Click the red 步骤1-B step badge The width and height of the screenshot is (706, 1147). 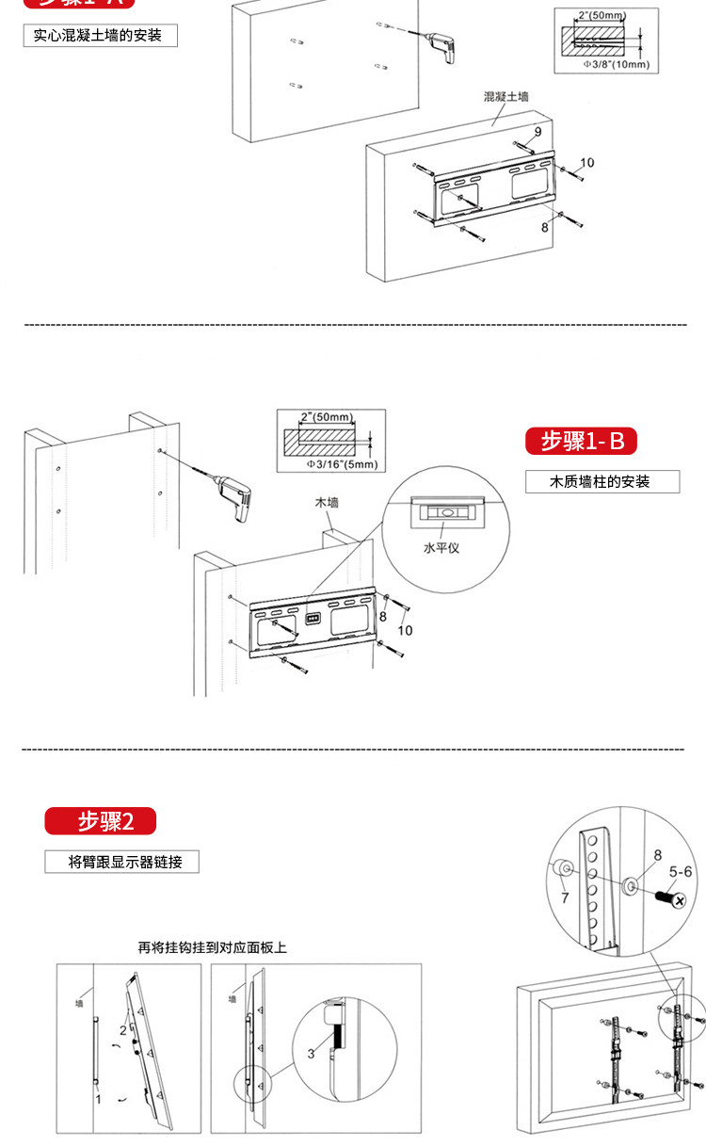[x=581, y=441]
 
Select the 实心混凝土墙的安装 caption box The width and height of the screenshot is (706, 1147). [x=100, y=36]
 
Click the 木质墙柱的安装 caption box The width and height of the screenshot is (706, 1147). [x=602, y=481]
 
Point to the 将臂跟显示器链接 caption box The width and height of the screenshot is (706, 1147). [x=121, y=861]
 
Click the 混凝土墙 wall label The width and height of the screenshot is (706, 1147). [x=506, y=97]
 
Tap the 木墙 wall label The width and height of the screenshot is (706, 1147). [x=327, y=503]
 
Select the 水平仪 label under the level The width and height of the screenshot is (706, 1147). [x=441, y=547]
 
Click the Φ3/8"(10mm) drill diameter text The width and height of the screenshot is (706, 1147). [x=616, y=65]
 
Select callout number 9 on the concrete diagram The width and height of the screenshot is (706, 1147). [x=538, y=132]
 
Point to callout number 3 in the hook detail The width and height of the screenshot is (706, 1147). [x=311, y=1054]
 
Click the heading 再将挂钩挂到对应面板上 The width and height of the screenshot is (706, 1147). [x=212, y=947]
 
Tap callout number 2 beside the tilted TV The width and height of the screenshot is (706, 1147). [x=122, y=1030]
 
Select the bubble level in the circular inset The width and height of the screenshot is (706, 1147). [x=441, y=512]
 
